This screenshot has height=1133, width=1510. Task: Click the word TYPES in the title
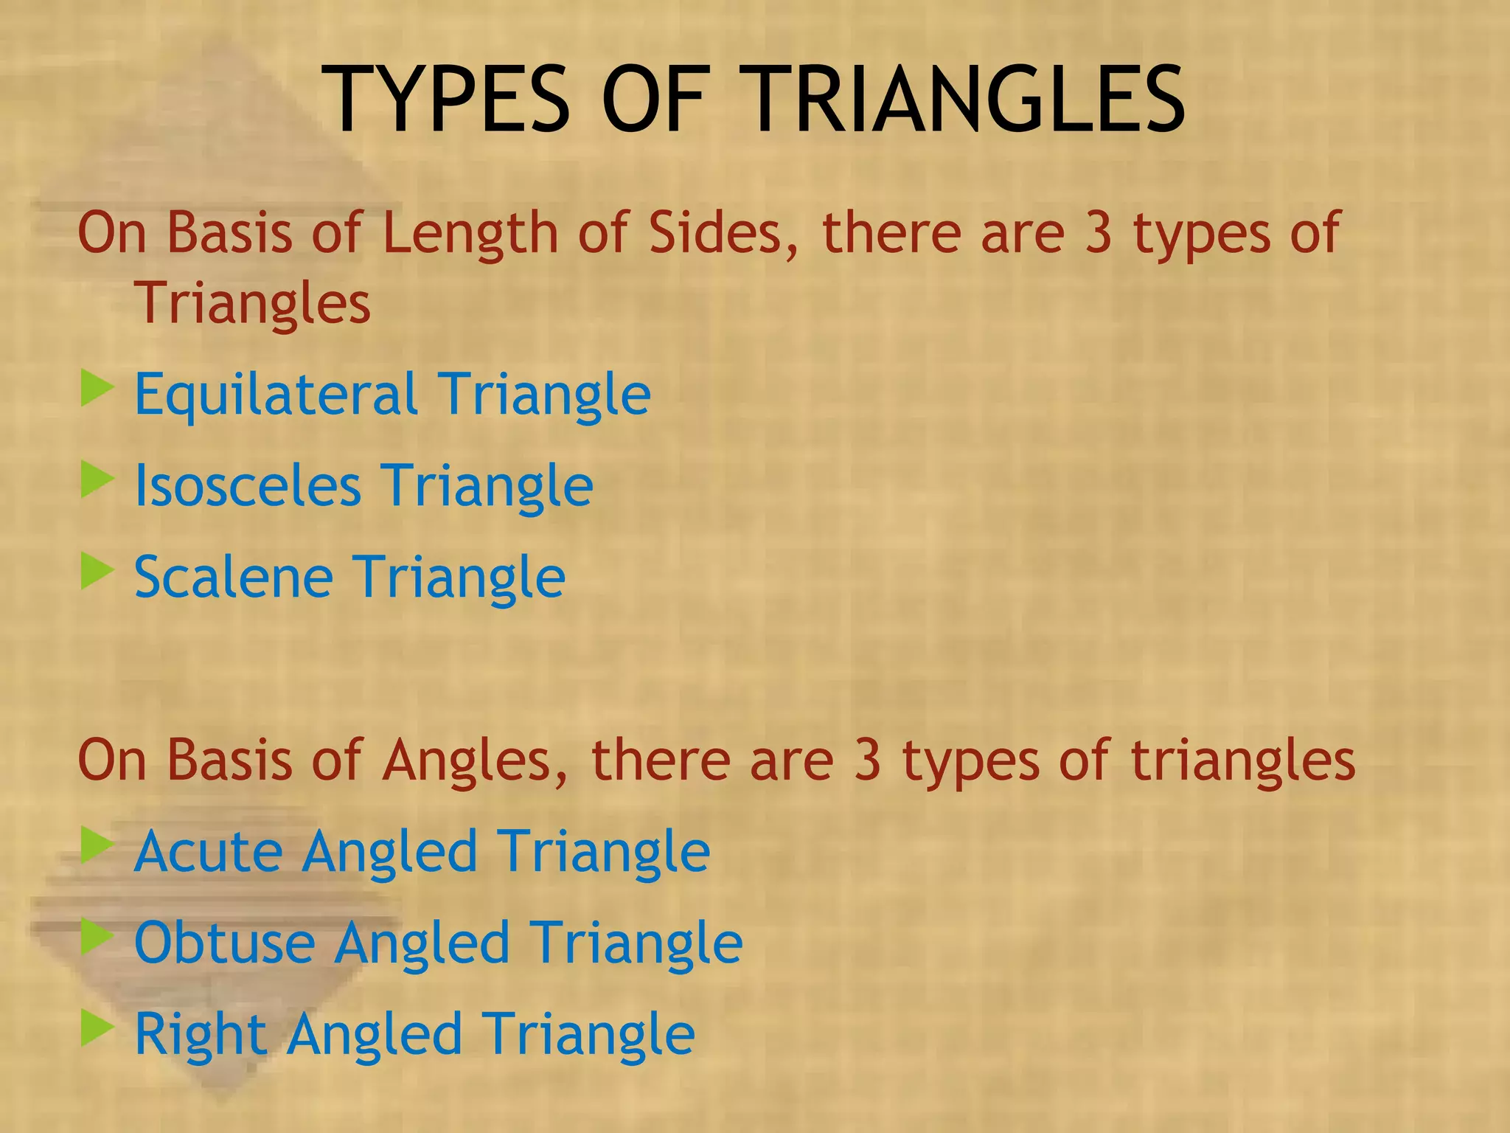tap(450, 100)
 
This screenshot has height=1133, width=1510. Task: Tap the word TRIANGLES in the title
tap(967, 100)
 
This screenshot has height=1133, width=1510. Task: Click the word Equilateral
tap(276, 395)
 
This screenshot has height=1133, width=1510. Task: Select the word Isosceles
tap(248, 486)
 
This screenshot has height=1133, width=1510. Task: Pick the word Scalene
tap(234, 578)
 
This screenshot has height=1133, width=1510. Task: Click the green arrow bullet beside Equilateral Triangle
tap(97, 388)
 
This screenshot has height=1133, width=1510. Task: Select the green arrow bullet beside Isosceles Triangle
tap(97, 479)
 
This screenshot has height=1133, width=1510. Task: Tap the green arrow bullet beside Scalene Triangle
tap(97, 571)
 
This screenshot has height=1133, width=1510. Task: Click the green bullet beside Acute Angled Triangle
tap(97, 845)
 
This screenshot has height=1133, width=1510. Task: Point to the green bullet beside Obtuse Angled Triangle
tap(97, 937)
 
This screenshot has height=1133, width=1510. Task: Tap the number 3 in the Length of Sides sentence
tap(1099, 233)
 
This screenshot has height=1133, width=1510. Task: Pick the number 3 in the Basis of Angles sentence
tap(868, 760)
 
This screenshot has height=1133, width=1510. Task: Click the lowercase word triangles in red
tap(1243, 760)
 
